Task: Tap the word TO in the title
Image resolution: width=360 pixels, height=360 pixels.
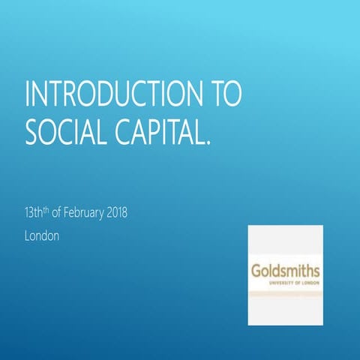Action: (x=223, y=95)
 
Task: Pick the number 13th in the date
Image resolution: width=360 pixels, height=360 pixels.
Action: (x=34, y=214)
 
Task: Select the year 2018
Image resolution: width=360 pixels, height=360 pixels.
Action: (x=117, y=214)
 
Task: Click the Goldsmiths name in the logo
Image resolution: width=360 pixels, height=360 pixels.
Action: (x=285, y=271)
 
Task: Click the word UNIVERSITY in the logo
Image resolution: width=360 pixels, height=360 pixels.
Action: (x=278, y=282)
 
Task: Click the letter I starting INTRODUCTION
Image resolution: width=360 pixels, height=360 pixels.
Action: (x=28, y=95)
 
